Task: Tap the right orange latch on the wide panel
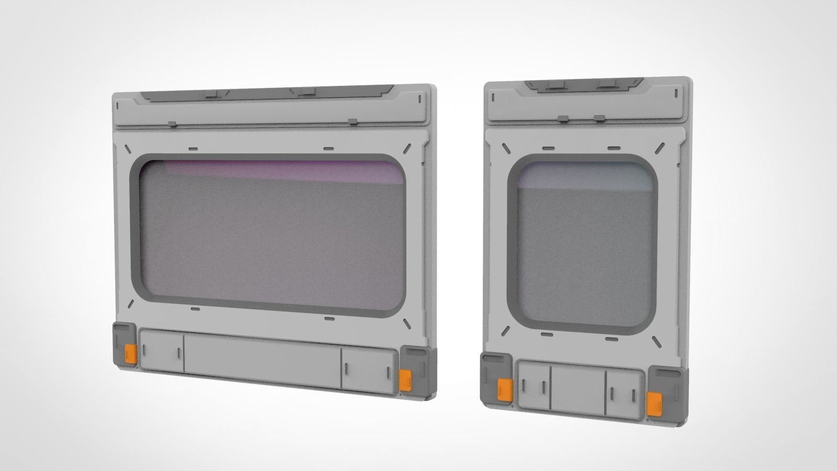405,379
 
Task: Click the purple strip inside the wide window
282,170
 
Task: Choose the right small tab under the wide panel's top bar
353,122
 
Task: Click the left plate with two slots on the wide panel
162,357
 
